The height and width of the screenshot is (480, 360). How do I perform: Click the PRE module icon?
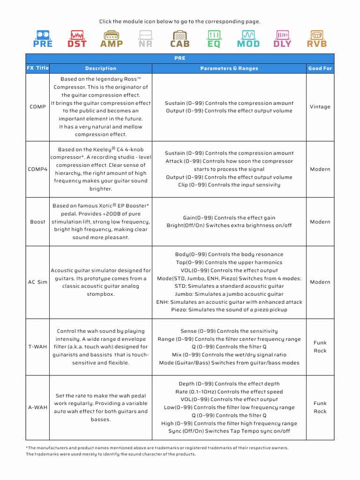coord(43,39)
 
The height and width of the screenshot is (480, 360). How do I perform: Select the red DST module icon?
coord(77,39)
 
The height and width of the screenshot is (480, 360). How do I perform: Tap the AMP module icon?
coord(112,39)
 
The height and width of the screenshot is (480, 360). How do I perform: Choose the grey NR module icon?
coord(145,39)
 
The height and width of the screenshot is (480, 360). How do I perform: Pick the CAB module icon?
coord(180,39)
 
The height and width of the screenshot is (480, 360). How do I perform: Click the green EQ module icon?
coord(214,39)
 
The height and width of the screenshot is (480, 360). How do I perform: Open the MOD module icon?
coord(248,39)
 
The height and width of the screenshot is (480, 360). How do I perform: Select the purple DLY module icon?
coord(282,39)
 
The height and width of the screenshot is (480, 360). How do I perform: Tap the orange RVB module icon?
coord(317,39)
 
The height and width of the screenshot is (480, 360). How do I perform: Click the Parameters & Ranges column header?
coord(229,68)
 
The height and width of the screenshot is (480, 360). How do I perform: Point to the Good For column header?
coord(320,68)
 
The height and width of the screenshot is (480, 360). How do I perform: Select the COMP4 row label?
coord(37,169)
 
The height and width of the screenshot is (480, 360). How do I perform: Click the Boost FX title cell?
coord(37,222)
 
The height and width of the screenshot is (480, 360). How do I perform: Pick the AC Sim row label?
coord(37,282)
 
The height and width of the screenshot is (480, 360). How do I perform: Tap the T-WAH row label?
coord(37,347)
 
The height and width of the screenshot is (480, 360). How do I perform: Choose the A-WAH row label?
coord(37,407)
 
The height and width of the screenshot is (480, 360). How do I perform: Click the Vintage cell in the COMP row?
coord(320,107)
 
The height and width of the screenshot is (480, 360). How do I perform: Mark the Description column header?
coord(101,68)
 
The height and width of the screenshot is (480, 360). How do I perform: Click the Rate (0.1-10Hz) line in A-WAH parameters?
coord(229,392)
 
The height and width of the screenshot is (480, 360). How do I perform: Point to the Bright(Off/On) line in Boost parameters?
coord(229,225)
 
